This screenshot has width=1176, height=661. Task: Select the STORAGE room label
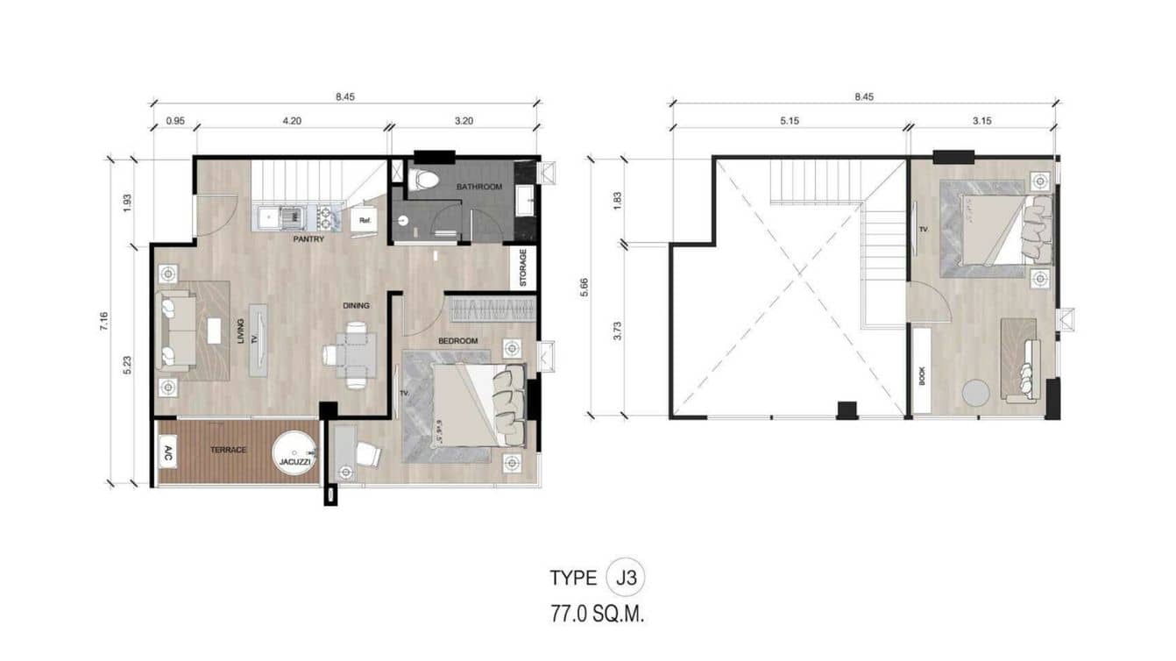523,267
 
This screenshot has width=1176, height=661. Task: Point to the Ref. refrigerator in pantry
363,222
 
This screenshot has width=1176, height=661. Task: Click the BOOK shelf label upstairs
922,375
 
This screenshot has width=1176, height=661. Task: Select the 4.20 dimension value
292,122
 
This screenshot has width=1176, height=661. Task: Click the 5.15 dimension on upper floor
789,122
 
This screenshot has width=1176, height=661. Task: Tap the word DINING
356,306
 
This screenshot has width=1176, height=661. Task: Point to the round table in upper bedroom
975,392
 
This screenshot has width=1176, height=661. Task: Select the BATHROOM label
478,187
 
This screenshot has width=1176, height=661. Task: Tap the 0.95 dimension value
174,122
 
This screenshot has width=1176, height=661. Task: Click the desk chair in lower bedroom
369,454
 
